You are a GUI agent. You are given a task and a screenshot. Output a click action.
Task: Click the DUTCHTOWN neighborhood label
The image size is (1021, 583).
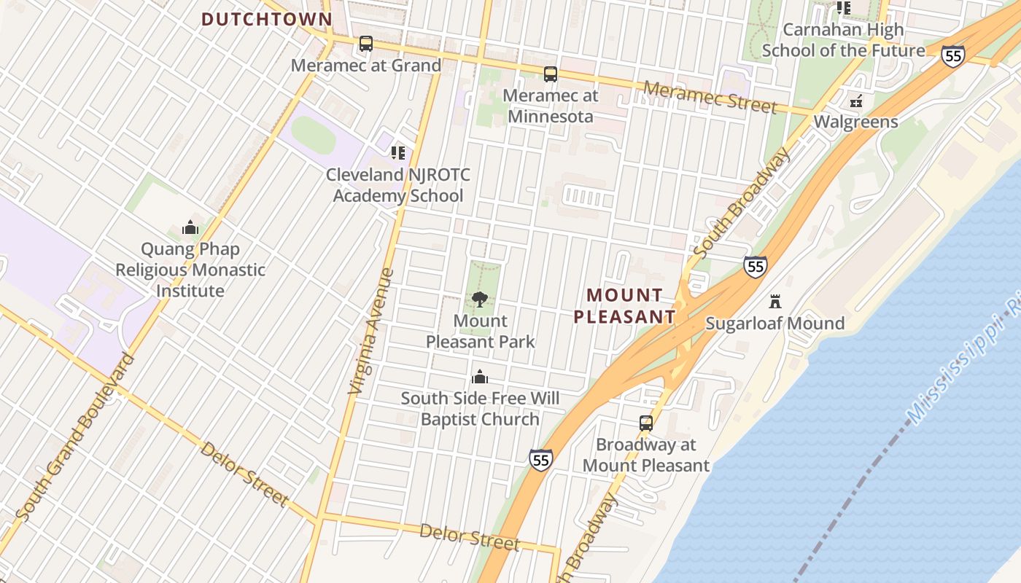point(267,20)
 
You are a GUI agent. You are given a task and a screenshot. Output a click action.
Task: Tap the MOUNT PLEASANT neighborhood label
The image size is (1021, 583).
point(625,305)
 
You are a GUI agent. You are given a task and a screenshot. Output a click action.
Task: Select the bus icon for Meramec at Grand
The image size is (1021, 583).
point(366,44)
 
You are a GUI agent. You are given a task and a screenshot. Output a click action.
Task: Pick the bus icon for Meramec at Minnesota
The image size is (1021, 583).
point(551,74)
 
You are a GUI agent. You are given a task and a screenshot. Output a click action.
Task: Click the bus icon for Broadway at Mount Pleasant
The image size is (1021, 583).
point(646,423)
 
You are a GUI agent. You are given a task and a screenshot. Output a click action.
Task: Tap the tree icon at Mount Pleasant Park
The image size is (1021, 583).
point(480,299)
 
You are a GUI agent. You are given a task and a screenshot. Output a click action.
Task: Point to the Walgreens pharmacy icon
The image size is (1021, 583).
point(856,101)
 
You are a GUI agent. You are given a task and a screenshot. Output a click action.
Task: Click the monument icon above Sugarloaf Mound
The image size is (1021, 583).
point(775,302)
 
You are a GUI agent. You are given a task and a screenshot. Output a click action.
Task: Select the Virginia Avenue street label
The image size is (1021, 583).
point(371,332)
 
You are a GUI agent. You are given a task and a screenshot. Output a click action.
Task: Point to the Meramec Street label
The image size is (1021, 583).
point(710,97)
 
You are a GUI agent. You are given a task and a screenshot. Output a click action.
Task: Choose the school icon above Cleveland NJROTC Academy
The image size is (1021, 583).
point(397,153)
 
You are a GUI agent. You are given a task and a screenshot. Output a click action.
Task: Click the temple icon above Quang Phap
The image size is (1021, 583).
point(190,227)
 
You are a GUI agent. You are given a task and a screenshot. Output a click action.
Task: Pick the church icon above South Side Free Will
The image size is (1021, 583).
point(480,377)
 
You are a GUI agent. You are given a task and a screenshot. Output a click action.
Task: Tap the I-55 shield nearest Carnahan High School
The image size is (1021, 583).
point(952,56)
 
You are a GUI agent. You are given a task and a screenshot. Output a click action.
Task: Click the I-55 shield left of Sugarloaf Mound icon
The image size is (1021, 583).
point(756,266)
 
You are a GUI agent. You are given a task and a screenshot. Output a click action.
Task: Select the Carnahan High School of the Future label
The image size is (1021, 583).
point(843,40)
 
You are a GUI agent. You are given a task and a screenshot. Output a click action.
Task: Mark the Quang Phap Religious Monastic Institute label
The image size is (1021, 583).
point(190,270)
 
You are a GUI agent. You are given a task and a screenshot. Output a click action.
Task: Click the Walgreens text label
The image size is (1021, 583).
point(856,122)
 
